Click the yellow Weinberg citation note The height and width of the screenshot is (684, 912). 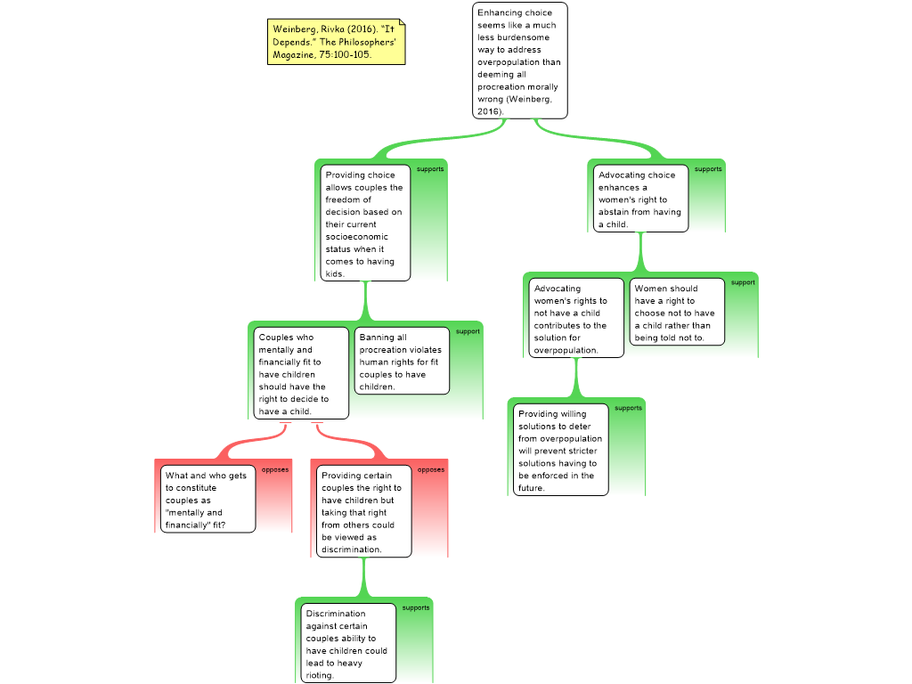pos(336,42)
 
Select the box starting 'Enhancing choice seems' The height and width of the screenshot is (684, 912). pos(519,61)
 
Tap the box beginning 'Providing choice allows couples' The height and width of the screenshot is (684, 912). pos(365,224)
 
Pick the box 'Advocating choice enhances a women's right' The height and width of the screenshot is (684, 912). pos(640,199)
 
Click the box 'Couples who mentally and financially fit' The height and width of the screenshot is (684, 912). pos(301,373)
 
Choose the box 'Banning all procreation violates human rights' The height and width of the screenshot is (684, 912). pos(402,362)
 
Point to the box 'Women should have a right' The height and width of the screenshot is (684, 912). pos(677,313)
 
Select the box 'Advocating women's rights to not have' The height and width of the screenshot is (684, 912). pos(576,318)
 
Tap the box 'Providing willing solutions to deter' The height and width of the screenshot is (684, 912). pos(561,450)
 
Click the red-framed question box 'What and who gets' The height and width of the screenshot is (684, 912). pos(208,499)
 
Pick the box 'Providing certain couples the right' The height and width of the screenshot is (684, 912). pos(363,511)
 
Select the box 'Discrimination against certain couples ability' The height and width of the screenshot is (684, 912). pos(348,643)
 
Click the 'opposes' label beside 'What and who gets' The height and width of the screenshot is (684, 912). pos(275,470)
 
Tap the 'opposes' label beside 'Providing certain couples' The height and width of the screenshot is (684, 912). pos(431,470)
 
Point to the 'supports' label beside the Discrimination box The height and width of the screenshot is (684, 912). pos(416,607)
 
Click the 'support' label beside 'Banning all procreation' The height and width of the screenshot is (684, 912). pos(468,331)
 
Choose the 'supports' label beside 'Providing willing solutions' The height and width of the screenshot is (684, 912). pos(628,408)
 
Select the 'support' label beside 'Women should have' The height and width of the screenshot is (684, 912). pos(743,282)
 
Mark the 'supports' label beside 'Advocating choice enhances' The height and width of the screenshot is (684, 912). pos(708,169)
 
